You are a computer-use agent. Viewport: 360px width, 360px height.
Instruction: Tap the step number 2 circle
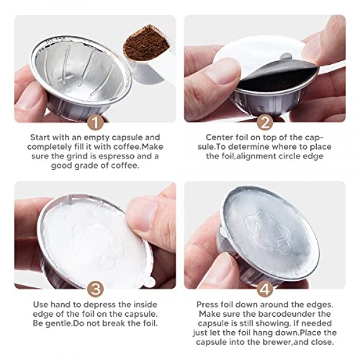pyautogui.click(x=264, y=122)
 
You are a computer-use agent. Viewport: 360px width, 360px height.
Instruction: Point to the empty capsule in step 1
pyautogui.click(x=78, y=72)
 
